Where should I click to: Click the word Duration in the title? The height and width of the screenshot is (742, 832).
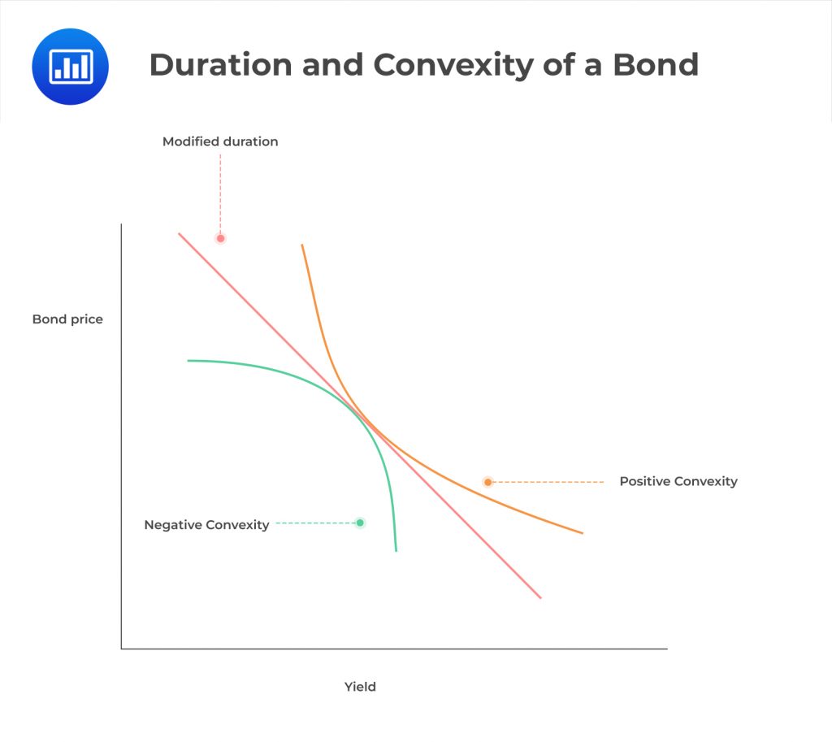218,65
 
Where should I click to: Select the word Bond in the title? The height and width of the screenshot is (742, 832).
655,65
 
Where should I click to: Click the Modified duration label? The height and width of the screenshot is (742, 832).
220,141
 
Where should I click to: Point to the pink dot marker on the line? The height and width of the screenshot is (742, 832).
220,238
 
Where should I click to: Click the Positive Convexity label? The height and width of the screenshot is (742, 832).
678,481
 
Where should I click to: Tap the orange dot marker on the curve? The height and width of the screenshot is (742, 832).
487,482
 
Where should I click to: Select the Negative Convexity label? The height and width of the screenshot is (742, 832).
206,525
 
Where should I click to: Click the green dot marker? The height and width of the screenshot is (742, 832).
360,523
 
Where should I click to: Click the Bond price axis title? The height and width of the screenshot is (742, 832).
67,319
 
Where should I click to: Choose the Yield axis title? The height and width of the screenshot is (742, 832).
360,687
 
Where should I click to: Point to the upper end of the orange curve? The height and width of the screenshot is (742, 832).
302,245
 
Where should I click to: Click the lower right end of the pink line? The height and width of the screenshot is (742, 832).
540,597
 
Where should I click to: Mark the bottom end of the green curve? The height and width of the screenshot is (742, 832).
396,550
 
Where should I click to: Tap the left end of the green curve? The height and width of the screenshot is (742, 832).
188,361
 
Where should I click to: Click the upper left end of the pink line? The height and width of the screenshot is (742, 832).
180,234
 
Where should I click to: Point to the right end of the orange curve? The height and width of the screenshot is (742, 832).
583,533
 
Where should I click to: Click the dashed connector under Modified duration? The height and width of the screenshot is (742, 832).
220,191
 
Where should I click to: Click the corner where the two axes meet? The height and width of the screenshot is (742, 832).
122,649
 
